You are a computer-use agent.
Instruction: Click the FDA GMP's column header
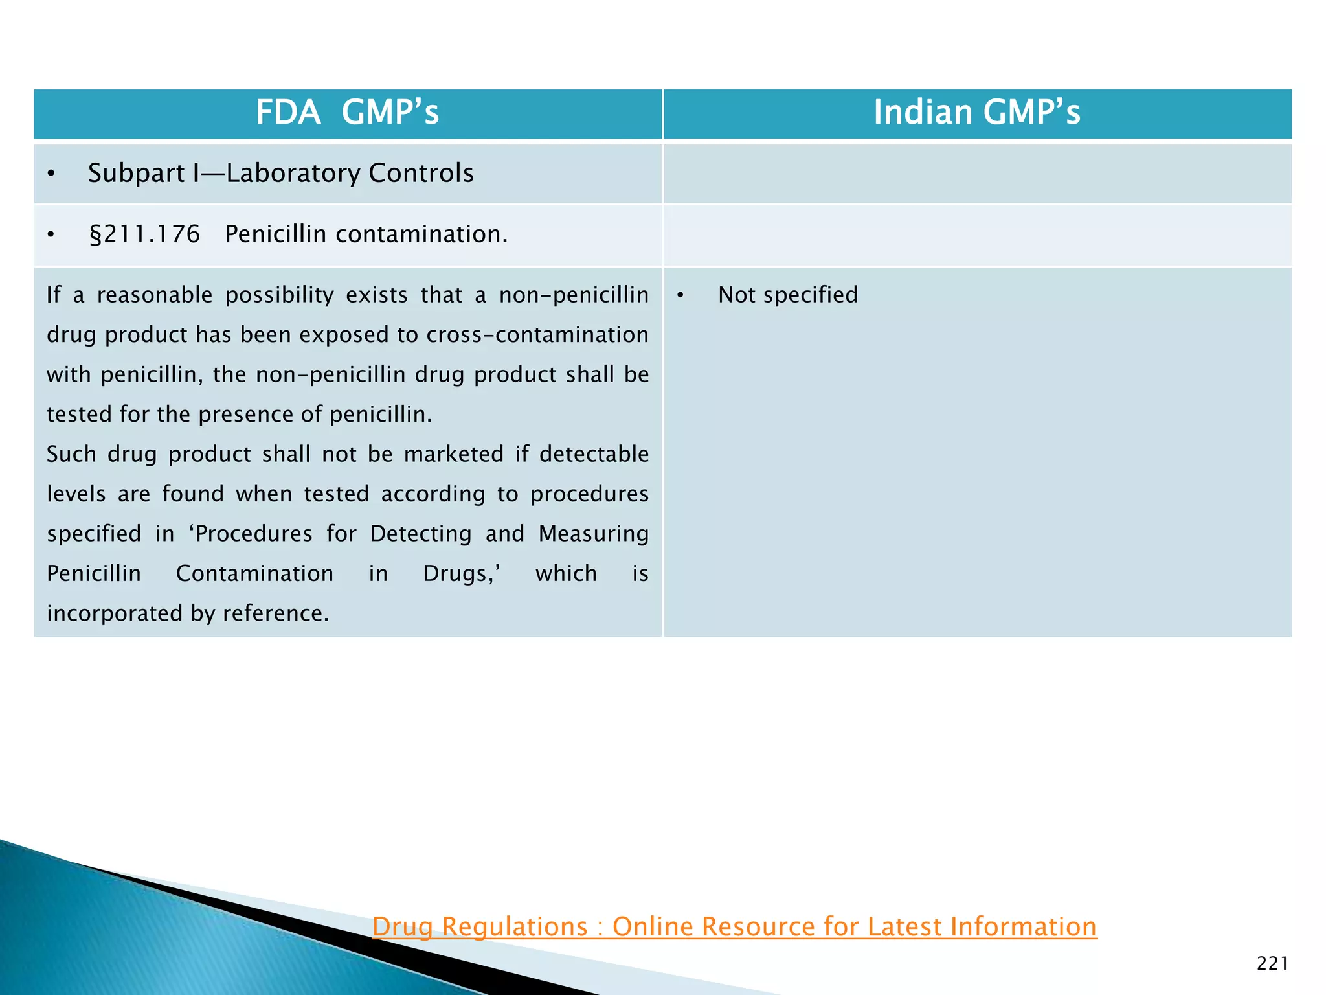click(x=347, y=112)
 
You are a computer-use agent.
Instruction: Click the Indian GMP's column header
click(x=976, y=112)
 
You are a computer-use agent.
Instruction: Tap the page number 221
click(x=1272, y=964)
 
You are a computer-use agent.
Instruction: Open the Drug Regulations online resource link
click(x=734, y=926)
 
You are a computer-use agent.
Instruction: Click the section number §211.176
click(x=144, y=234)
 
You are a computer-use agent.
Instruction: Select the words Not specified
click(x=787, y=295)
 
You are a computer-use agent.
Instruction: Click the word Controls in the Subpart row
click(x=421, y=173)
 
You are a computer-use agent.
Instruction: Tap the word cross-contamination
click(x=537, y=335)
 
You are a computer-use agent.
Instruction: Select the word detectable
click(x=594, y=454)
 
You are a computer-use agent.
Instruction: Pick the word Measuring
click(x=593, y=534)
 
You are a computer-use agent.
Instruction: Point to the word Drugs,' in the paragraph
click(x=462, y=574)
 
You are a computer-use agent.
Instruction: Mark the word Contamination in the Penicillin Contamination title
click(x=254, y=574)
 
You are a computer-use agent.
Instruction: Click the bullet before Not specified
click(x=680, y=295)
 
